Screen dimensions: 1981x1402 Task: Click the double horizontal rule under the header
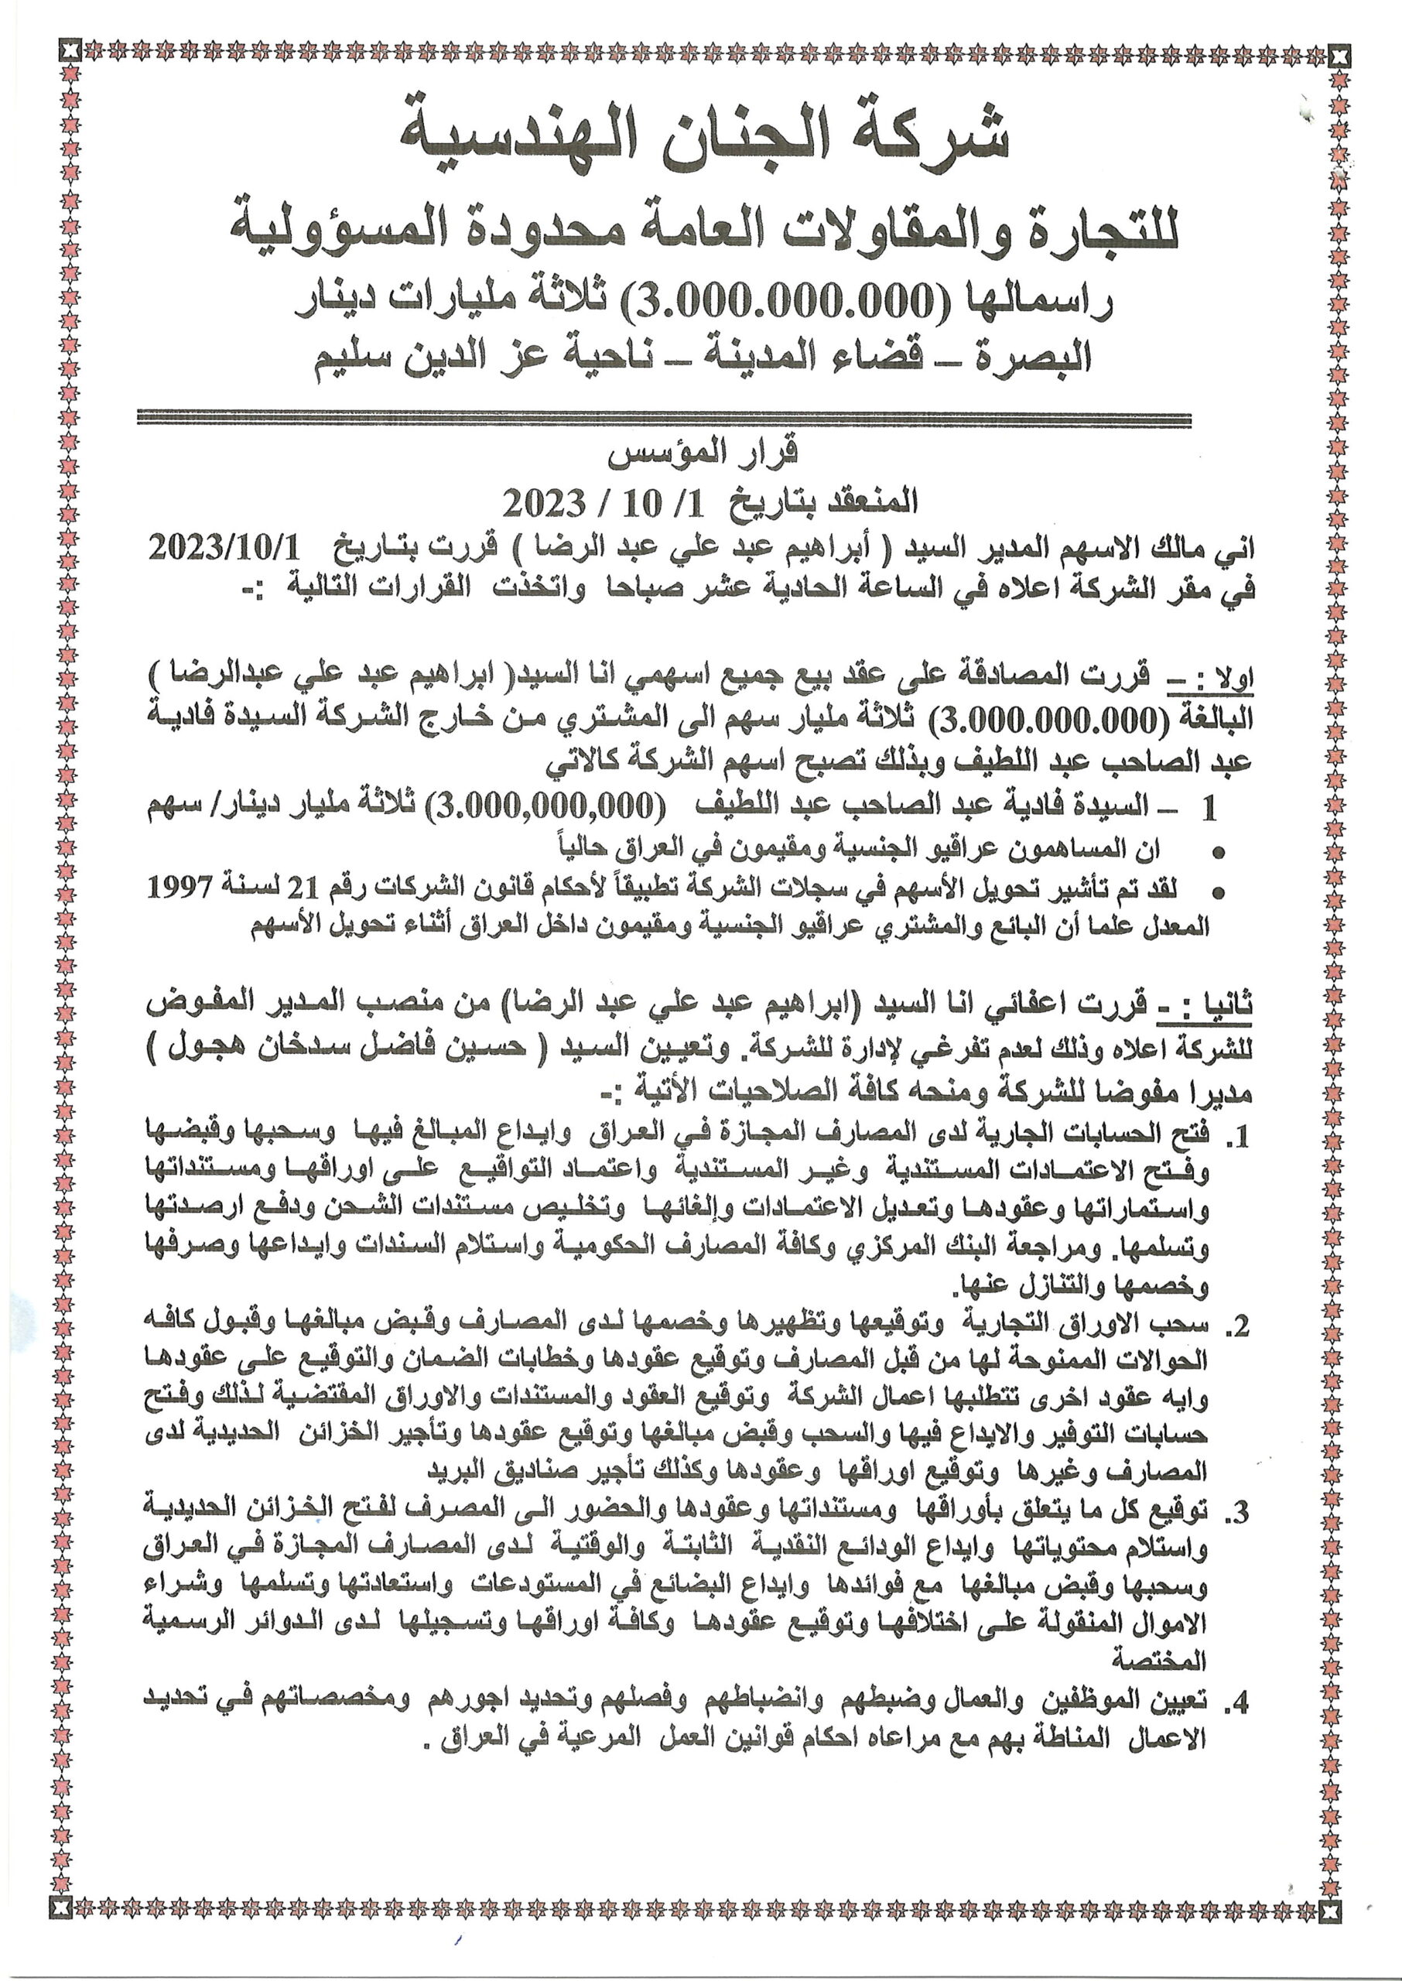pyautogui.click(x=664, y=420)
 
